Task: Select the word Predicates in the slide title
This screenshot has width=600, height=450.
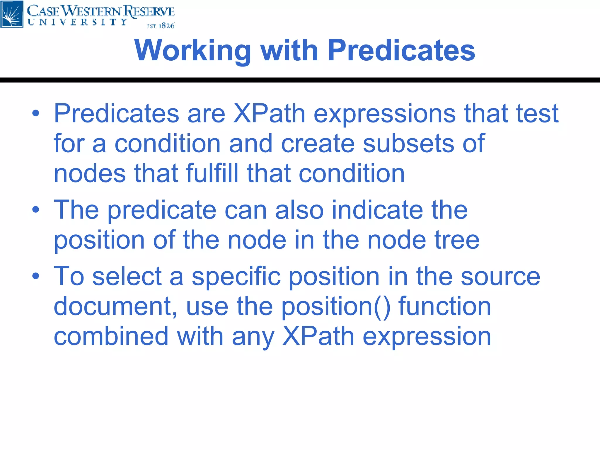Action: [x=401, y=50]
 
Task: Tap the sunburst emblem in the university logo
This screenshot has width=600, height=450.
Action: [x=12, y=14]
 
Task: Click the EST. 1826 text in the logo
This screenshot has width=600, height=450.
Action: [x=161, y=26]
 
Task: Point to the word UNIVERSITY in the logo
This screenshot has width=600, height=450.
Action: [x=78, y=22]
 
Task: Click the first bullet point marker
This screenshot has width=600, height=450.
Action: [x=35, y=113]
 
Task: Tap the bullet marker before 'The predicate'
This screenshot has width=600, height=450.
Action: [x=35, y=209]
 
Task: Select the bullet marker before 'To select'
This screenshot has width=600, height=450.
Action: [x=35, y=276]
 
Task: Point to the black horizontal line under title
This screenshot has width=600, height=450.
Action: [x=300, y=80]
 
